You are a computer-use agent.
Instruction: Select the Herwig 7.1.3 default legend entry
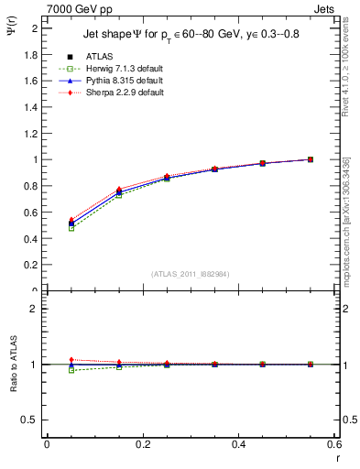(124, 70)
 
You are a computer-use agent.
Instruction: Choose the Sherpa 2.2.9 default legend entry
(124, 93)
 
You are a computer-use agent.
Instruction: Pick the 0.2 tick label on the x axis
(143, 444)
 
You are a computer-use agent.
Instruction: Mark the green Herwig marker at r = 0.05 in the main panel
(71, 228)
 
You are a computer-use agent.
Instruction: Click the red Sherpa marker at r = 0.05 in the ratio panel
(71, 359)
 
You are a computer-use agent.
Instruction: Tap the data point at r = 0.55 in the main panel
(311, 159)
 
